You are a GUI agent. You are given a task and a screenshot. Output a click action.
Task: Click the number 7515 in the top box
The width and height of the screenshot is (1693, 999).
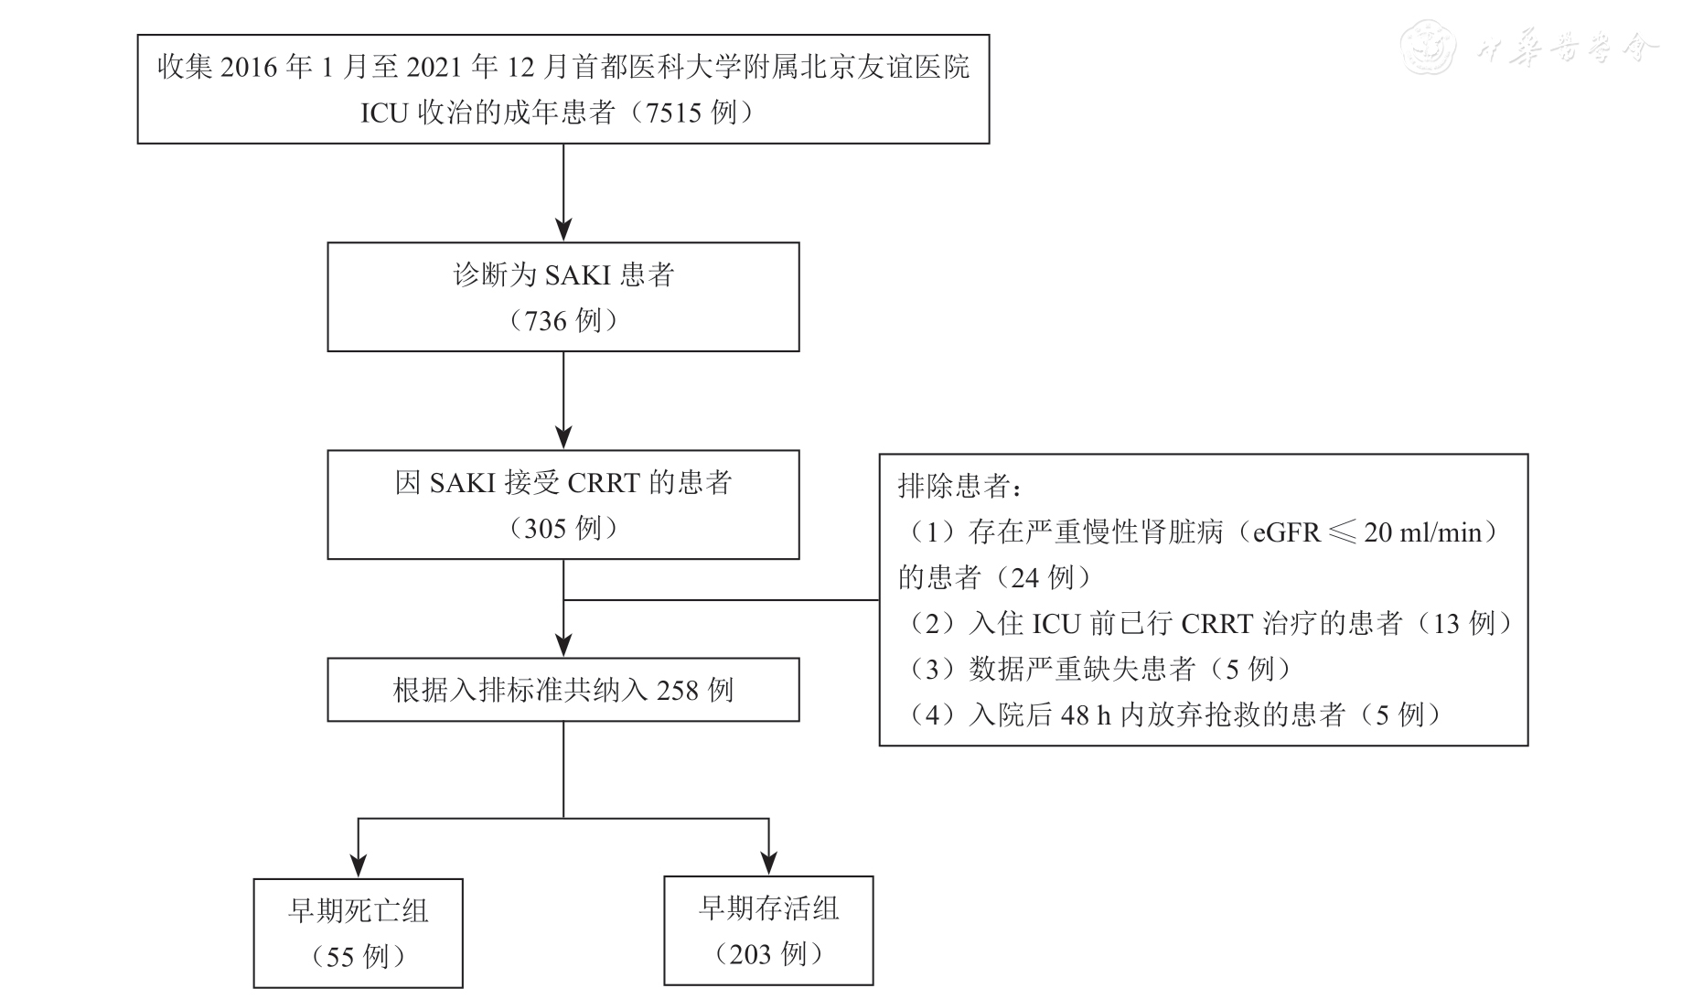673,113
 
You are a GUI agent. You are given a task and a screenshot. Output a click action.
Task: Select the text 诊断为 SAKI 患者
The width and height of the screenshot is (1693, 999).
563,274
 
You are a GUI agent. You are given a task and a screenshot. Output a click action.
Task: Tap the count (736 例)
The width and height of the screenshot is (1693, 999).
563,320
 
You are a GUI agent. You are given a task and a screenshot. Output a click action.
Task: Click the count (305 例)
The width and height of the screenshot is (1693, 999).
563,528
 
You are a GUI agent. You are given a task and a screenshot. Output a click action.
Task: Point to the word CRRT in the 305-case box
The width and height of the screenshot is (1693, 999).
604,483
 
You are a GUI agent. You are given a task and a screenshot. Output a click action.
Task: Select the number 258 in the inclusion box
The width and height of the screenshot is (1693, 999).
677,690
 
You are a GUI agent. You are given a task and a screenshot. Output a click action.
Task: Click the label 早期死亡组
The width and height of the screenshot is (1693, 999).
358,910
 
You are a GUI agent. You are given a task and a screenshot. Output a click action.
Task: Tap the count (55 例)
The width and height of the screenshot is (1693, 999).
358,956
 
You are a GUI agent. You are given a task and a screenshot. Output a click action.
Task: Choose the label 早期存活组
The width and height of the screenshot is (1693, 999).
768,908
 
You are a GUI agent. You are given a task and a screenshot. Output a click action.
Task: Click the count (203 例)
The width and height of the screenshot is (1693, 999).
768,953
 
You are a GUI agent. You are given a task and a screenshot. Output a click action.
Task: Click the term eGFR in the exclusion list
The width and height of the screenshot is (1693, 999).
1286,532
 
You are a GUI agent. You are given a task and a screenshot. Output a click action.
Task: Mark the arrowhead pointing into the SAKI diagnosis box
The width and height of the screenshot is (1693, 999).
563,230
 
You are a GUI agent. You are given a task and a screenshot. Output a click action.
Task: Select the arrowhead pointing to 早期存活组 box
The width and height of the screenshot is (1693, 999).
768,863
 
